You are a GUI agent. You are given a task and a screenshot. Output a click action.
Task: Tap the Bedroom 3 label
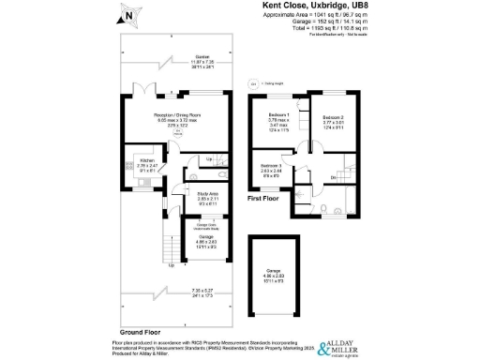click(x=271, y=168)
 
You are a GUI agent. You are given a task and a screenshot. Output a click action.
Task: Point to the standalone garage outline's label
click(x=279, y=275)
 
